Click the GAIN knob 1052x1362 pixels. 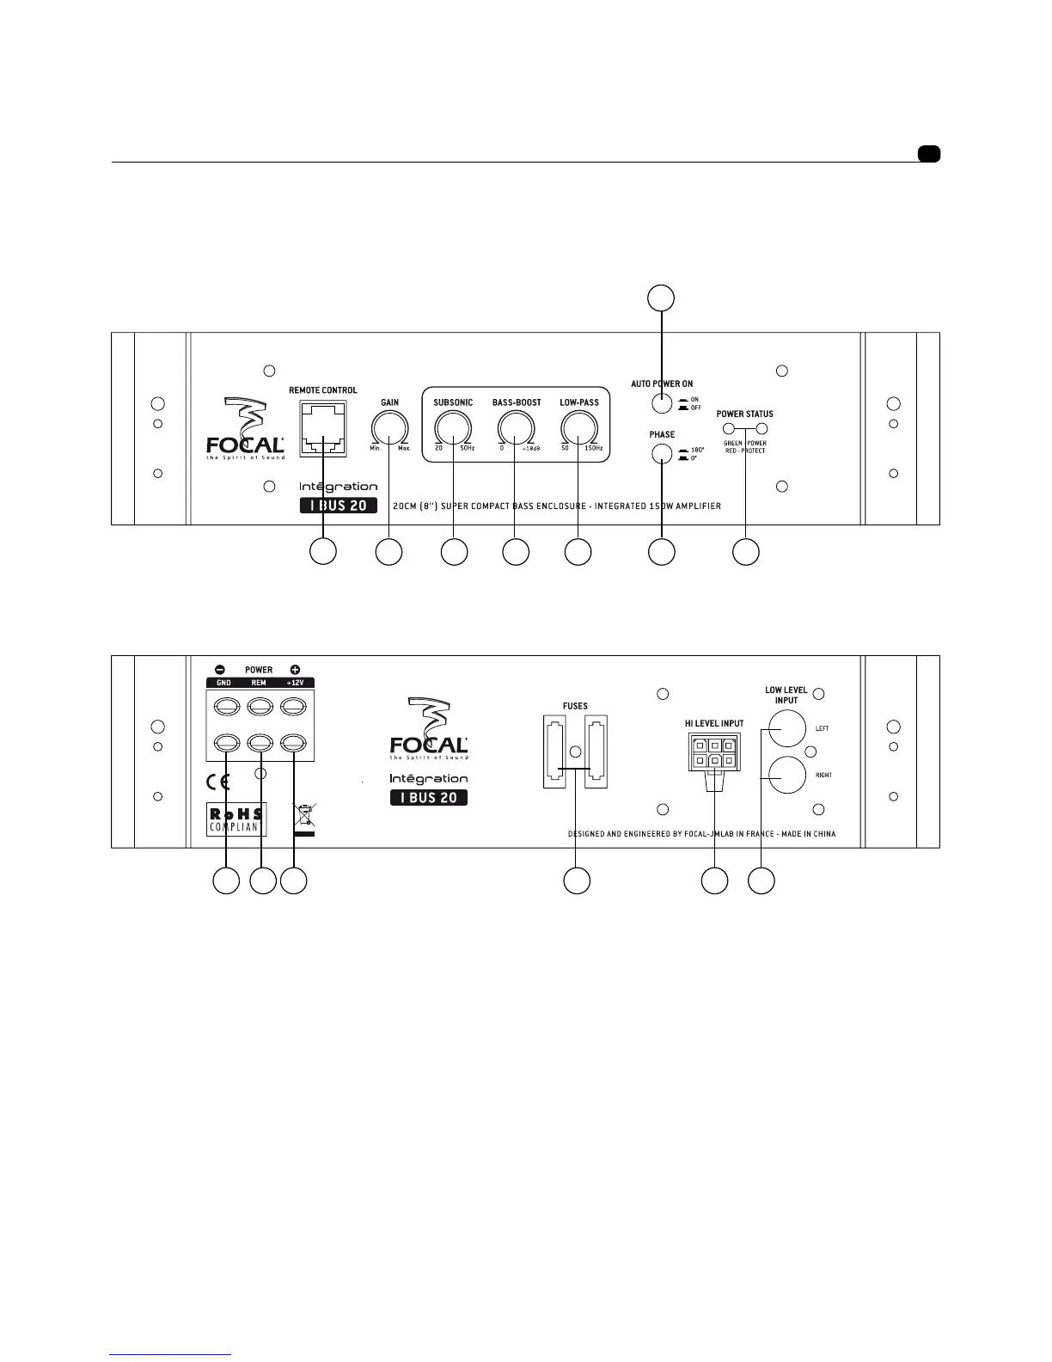(x=390, y=428)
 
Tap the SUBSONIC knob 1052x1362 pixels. (x=453, y=428)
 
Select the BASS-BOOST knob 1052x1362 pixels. (x=516, y=428)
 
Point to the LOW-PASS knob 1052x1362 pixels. (x=578, y=428)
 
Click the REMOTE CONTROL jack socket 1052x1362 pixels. (x=323, y=427)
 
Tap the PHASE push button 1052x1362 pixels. (x=661, y=455)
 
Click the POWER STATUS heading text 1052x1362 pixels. (x=744, y=414)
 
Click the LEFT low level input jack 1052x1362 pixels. (x=786, y=729)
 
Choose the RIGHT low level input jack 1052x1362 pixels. (x=786, y=775)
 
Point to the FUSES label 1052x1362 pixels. (x=575, y=706)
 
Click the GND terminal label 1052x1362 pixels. (x=223, y=683)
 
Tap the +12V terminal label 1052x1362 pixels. (x=295, y=683)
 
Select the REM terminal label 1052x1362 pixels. (x=259, y=683)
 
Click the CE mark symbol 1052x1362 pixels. (x=219, y=782)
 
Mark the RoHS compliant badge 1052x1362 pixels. (x=236, y=819)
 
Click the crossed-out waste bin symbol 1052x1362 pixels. (x=304, y=818)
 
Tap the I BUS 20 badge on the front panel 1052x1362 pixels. (x=339, y=506)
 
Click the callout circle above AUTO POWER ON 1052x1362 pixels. (x=660, y=298)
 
